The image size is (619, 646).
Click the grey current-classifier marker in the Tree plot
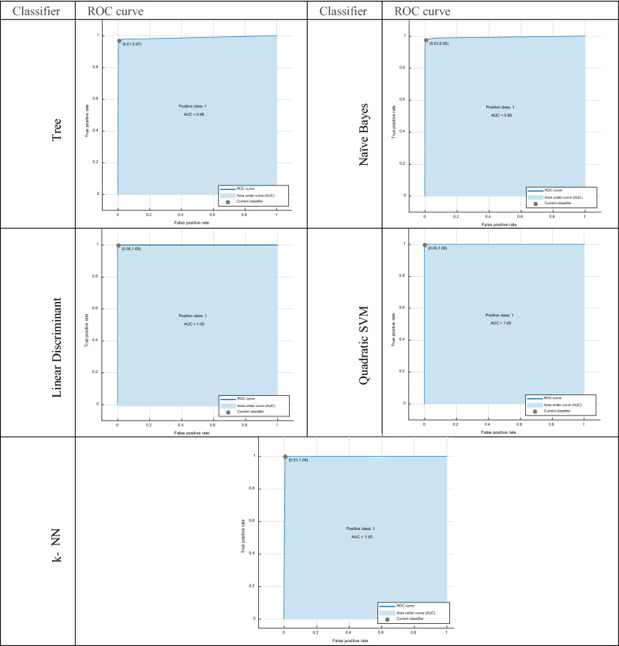[x=119, y=41]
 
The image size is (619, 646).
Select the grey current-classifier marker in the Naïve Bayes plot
[x=426, y=40]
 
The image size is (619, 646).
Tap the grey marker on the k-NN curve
[x=285, y=457]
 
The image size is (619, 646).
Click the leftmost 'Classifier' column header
[x=38, y=9]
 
